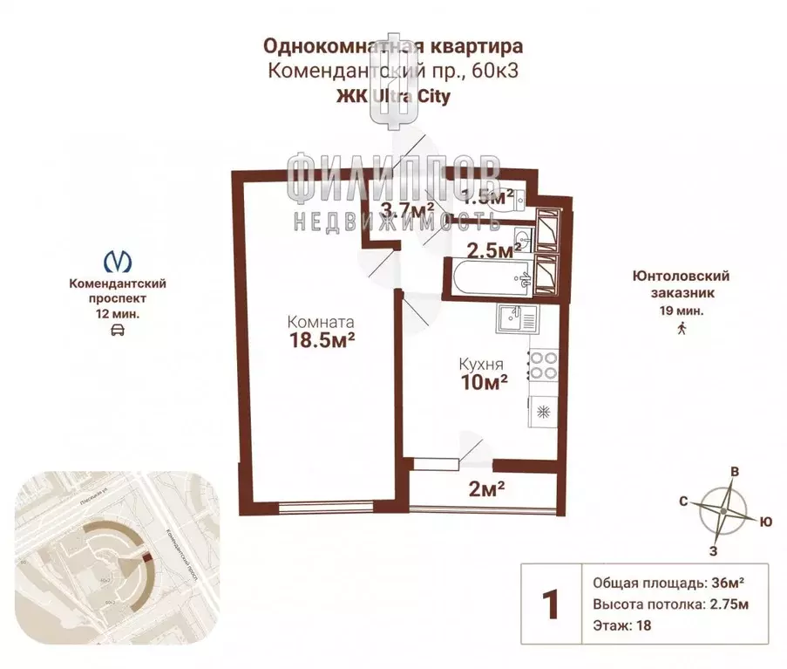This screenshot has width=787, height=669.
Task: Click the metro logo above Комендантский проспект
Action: coord(118,261)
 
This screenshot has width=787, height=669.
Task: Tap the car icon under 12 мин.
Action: coord(118,330)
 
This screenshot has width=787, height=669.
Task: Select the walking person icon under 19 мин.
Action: coord(681,328)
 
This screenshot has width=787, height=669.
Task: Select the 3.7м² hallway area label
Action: coord(408,209)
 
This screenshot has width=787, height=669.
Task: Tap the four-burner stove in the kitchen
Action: coord(542,365)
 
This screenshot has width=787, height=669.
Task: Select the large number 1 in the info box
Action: coord(550,604)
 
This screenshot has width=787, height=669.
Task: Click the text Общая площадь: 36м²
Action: coord(668,584)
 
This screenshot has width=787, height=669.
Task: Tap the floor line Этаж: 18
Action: coord(621,625)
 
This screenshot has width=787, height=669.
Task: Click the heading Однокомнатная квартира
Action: coord(394,44)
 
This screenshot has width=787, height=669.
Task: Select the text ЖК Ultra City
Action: coord(393,97)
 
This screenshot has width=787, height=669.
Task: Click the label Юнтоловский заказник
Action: coord(681,284)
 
